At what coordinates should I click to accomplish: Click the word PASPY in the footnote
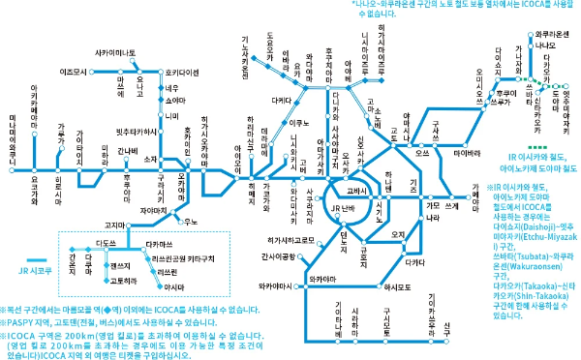21,322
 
